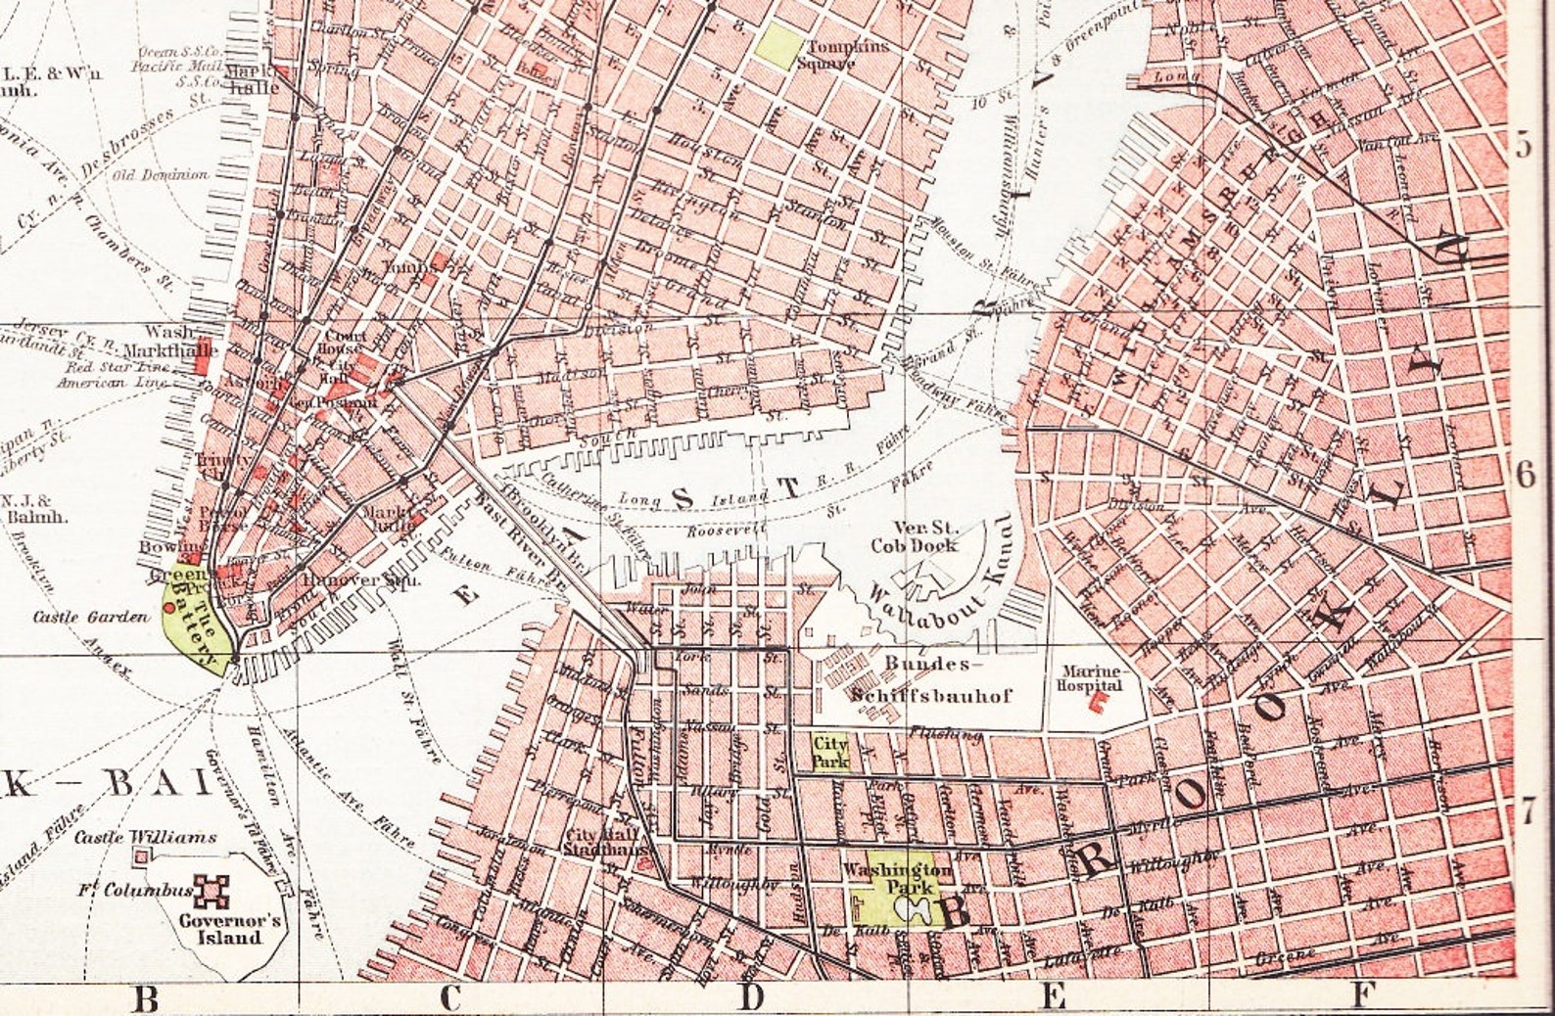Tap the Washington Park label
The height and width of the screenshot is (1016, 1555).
(x=896, y=877)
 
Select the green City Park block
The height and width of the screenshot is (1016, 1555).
(x=829, y=751)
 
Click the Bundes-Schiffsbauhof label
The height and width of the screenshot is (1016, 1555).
(x=930, y=679)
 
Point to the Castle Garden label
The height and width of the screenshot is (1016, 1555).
(x=90, y=617)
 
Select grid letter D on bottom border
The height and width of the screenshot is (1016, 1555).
(x=750, y=997)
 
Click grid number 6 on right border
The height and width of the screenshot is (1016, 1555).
(x=1525, y=475)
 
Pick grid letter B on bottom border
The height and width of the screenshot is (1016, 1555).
(x=145, y=999)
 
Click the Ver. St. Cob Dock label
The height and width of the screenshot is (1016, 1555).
(x=914, y=536)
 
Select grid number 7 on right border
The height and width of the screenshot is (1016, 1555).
(x=1526, y=810)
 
